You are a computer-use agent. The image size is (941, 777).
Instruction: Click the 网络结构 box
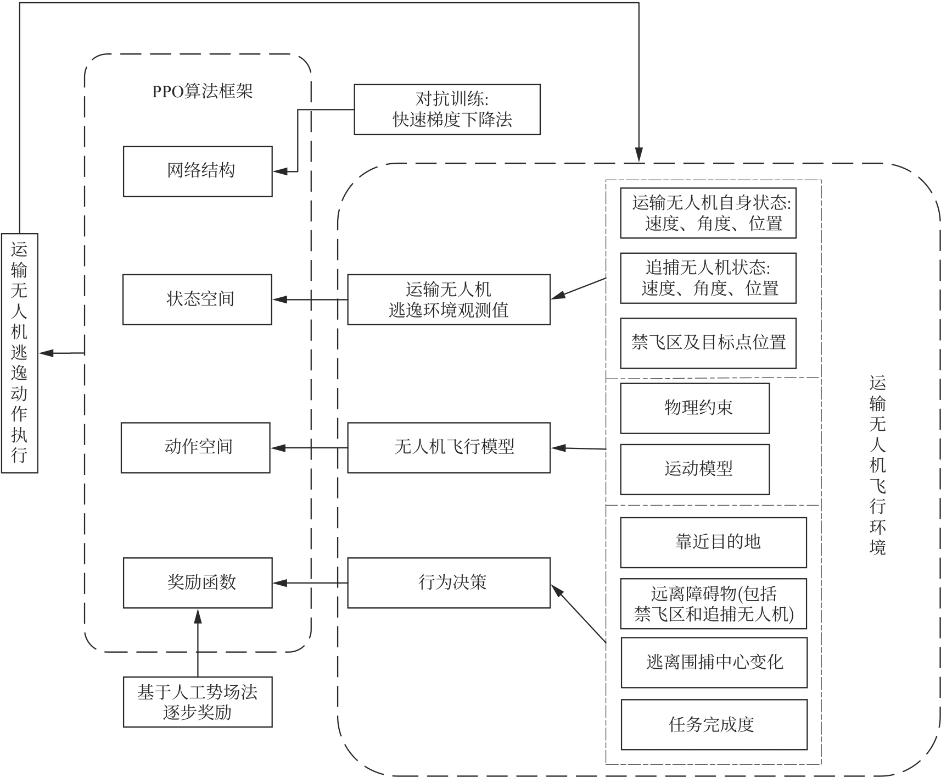[198, 171]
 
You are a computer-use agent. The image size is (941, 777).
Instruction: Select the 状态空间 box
[197, 299]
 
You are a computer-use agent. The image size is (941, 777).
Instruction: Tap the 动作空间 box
[195, 447]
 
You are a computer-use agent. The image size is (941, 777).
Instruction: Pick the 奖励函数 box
[198, 582]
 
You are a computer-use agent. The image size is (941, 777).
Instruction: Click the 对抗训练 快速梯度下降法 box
[447, 109]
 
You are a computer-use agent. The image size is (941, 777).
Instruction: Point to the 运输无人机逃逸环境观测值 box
[449, 299]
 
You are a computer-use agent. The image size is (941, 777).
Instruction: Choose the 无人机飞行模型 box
[449, 447]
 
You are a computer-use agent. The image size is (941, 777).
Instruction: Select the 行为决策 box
[449, 582]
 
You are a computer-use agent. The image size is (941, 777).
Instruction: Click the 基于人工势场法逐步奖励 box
[198, 702]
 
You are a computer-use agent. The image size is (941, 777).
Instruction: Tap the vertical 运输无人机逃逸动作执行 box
[19, 353]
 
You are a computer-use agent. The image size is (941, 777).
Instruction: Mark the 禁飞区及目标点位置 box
[708, 343]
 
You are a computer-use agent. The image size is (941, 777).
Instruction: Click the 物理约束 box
[694, 408]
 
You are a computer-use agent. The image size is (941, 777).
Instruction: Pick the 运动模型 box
[694, 469]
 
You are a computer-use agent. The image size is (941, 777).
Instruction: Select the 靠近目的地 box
[713, 542]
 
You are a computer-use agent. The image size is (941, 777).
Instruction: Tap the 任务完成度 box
[714, 724]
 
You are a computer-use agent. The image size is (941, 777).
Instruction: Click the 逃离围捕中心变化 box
[714, 662]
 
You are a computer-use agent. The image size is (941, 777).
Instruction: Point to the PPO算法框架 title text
[202, 91]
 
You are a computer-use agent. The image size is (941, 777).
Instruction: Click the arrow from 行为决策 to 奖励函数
[310, 582]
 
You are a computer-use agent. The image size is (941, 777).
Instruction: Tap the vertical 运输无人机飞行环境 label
[877, 464]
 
